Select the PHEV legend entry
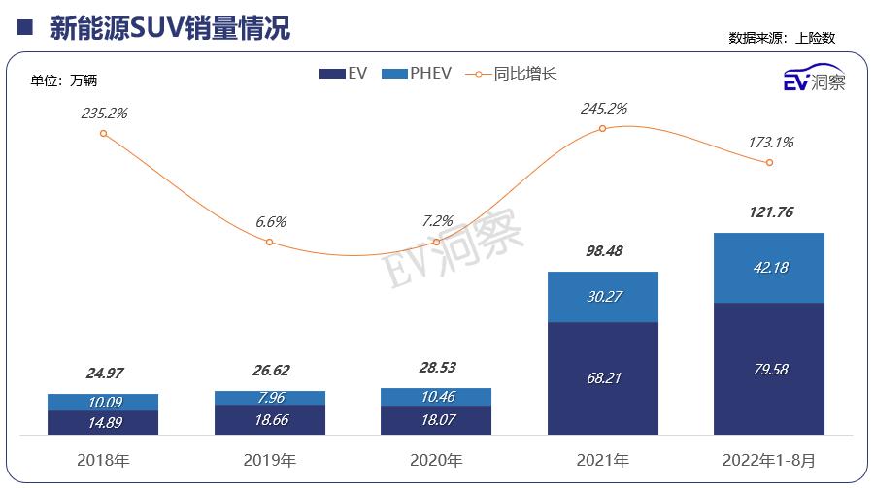pos(418,74)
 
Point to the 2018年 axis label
pos(103,458)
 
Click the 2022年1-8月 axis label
pos(769,458)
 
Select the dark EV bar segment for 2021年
pos(603,377)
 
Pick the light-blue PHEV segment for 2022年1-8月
pos(769,268)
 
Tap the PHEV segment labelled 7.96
pos(270,398)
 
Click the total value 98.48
pos(603,251)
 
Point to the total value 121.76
pos(769,212)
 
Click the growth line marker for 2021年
pos(603,128)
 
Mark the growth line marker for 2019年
pos(270,242)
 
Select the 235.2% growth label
pos(104,113)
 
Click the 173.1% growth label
pos(770,142)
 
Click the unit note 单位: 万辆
pos(64,81)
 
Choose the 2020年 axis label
pos(436,458)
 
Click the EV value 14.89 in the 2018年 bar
pos(103,422)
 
